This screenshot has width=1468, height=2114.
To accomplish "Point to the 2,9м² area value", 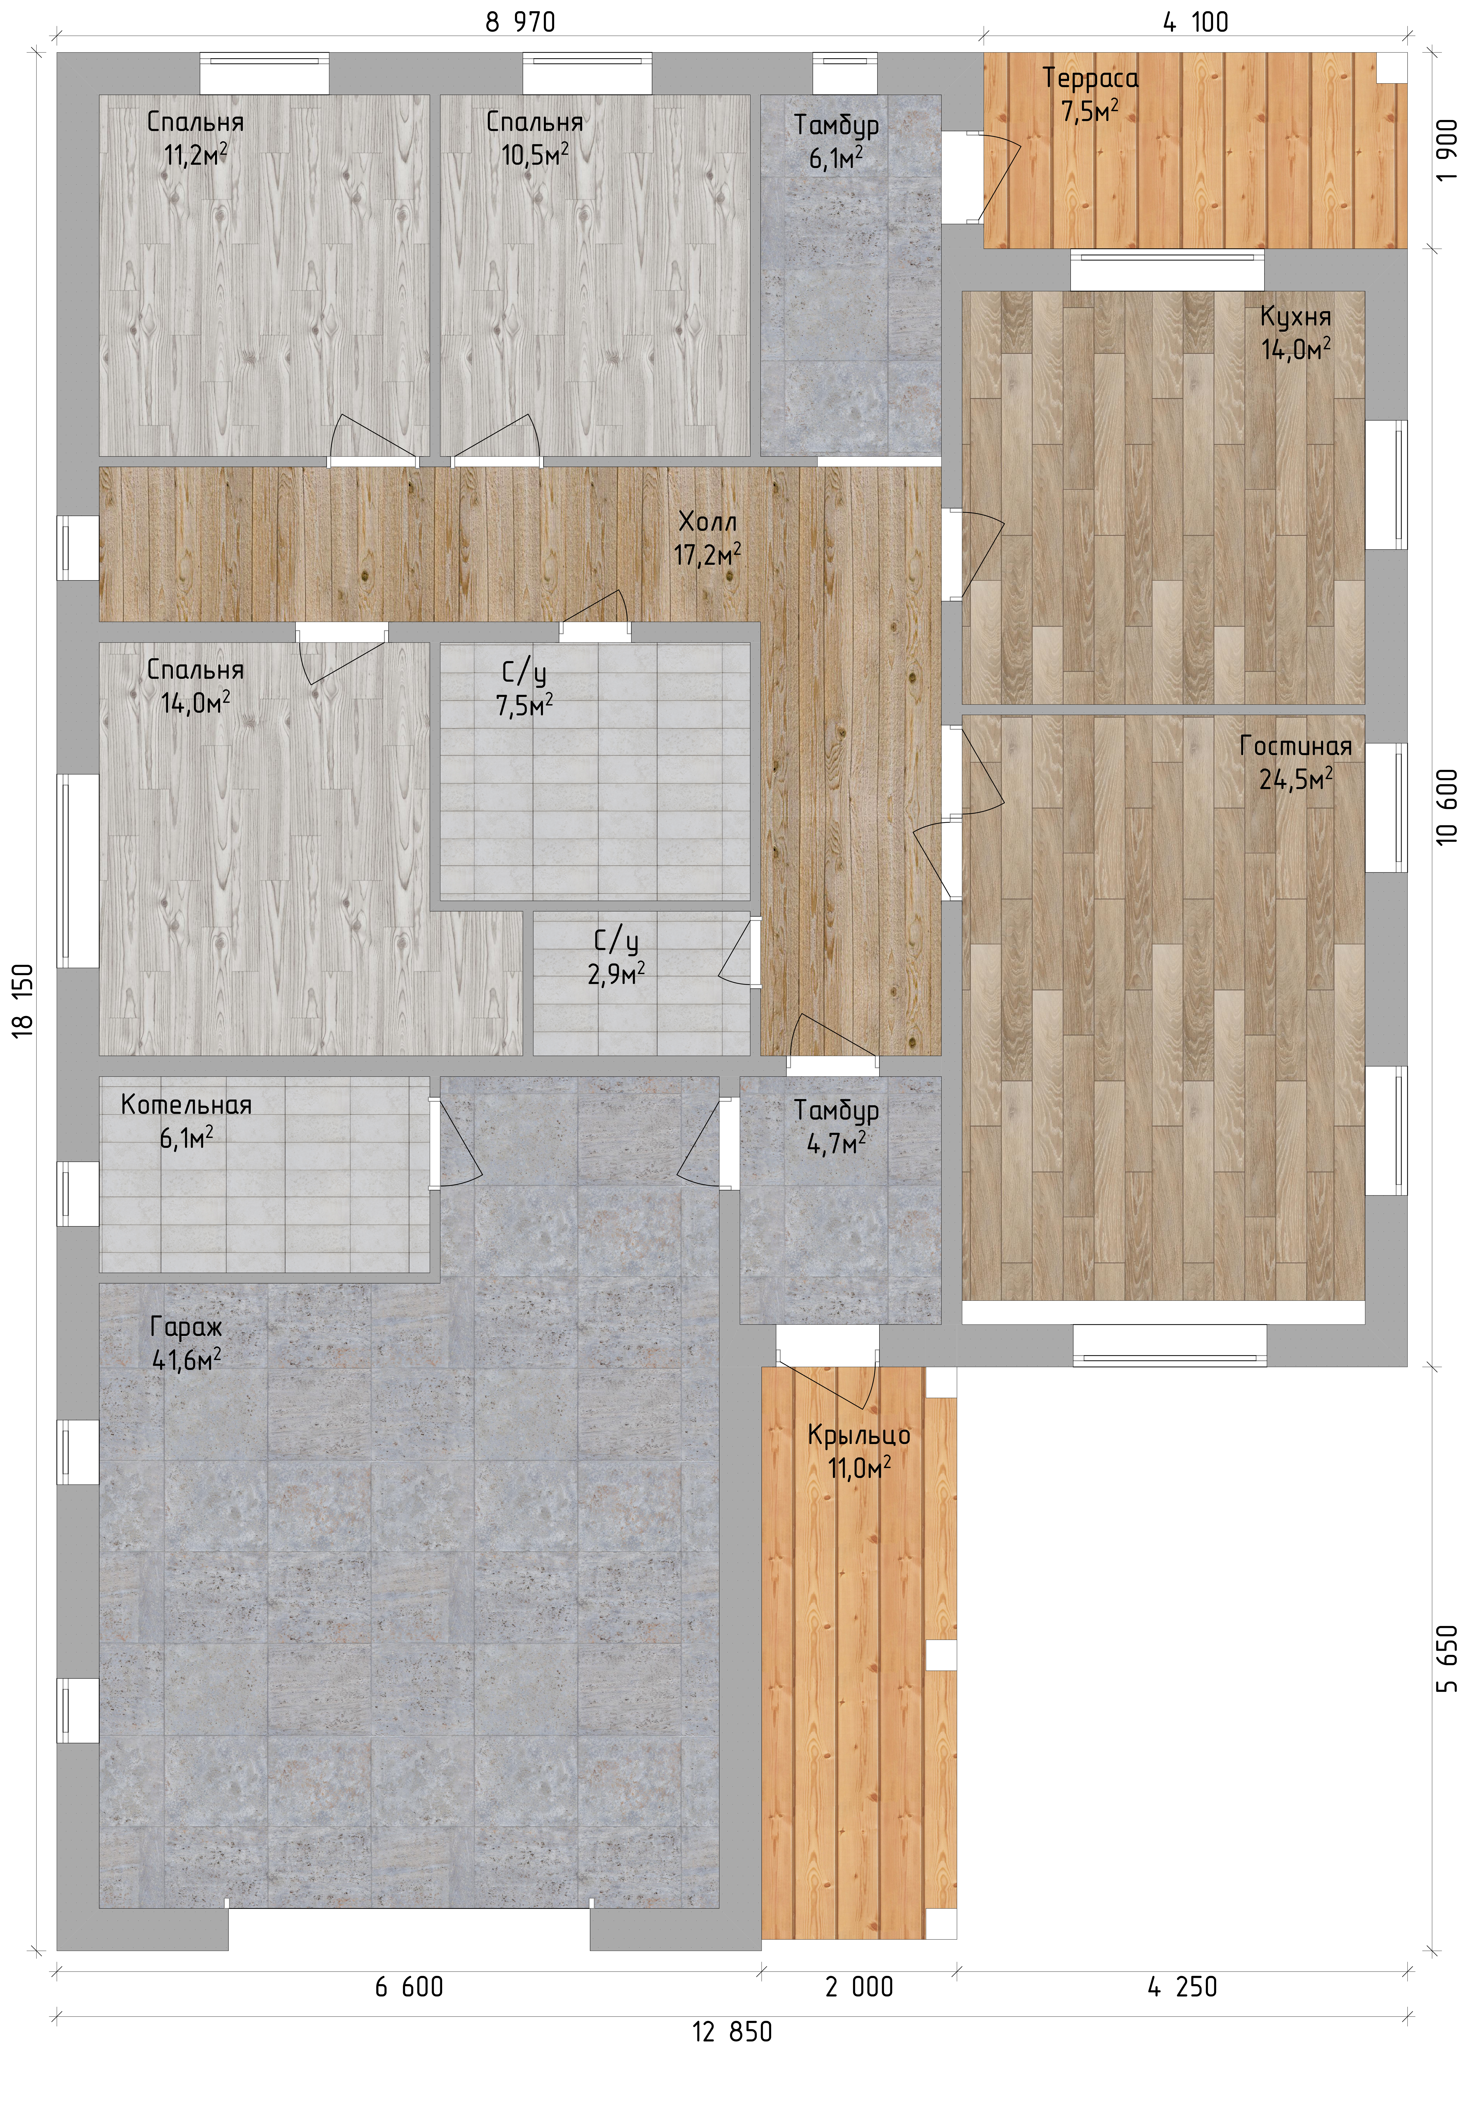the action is coord(615,973).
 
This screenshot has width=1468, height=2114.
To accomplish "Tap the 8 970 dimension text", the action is coord(521,22).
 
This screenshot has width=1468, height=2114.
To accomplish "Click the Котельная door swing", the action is coord(455,1143).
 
